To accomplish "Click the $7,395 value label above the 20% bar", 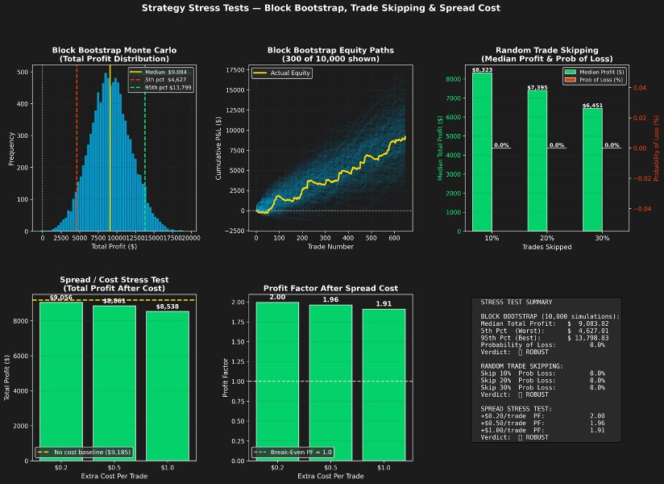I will [x=537, y=87].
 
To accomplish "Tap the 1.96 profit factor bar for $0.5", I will [x=330, y=383].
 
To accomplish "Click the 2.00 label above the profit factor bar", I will [x=277, y=297].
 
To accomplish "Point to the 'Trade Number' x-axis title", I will [x=330, y=246].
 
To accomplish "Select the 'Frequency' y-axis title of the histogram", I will [x=11, y=149].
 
